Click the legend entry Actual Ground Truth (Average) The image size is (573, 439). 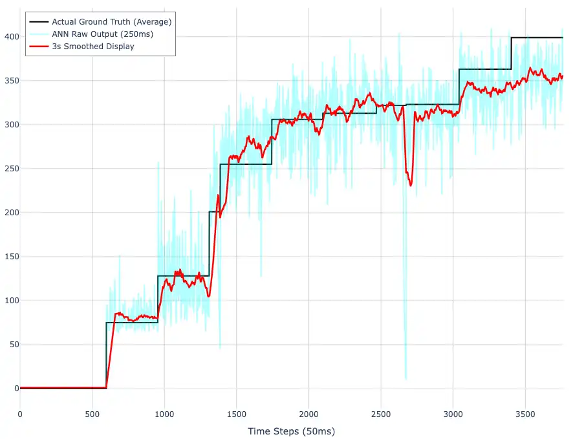click(x=111, y=22)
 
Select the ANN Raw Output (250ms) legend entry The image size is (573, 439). click(x=102, y=34)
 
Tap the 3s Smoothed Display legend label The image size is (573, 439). click(x=93, y=46)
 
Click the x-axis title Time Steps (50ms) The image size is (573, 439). click(x=292, y=431)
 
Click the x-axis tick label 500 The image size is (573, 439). click(x=92, y=414)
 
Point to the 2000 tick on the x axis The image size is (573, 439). click(x=308, y=414)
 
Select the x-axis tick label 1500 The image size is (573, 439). click(x=237, y=414)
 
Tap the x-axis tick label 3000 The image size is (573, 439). click(x=453, y=414)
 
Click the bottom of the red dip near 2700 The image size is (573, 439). click(x=411, y=186)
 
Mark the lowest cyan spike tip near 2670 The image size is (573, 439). click(x=405, y=378)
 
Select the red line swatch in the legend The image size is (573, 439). click(x=39, y=46)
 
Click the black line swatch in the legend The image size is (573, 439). click(x=39, y=22)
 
